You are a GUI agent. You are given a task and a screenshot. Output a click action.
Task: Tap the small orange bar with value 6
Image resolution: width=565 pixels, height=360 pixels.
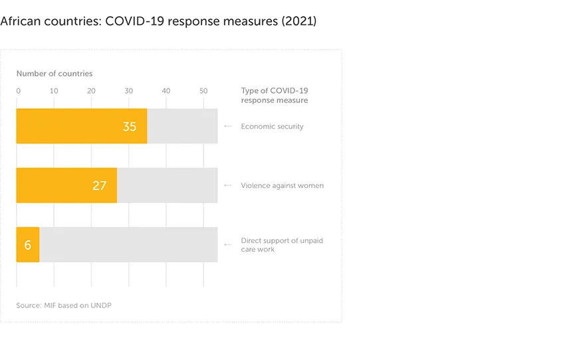pyautogui.click(x=28, y=244)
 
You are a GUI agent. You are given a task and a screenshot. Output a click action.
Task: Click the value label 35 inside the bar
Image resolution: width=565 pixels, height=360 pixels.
pyautogui.click(x=130, y=126)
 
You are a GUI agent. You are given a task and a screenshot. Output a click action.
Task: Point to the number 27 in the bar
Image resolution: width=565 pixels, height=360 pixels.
pyautogui.click(x=99, y=185)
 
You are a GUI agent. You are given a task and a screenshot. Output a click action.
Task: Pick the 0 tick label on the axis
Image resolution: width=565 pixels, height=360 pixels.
pyautogui.click(x=18, y=91)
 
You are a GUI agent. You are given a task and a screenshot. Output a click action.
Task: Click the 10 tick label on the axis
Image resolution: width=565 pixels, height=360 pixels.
pyautogui.click(x=54, y=91)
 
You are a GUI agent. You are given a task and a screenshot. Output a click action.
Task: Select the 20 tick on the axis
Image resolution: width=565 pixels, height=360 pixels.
pyautogui.click(x=91, y=91)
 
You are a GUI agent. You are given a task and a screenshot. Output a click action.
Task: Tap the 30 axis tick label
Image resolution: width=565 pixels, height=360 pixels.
pyautogui.click(x=128, y=91)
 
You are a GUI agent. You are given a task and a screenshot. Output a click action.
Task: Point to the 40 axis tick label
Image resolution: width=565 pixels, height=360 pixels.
pyautogui.click(x=166, y=91)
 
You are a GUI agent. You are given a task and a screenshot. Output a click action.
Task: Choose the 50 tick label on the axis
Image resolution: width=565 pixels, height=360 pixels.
pyautogui.click(x=203, y=91)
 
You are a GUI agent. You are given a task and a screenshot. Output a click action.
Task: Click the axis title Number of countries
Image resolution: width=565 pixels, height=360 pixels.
pyautogui.click(x=55, y=74)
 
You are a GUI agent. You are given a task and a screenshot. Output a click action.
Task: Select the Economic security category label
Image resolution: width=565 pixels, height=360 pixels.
pyautogui.click(x=272, y=126)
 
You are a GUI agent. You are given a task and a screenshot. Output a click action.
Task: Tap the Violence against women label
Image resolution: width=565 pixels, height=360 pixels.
pyautogui.click(x=282, y=185)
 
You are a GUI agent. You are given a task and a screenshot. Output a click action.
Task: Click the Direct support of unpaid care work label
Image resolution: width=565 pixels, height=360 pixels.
pyautogui.click(x=282, y=244)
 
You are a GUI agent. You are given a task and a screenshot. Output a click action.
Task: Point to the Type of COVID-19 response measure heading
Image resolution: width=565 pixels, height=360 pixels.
pyautogui.click(x=275, y=95)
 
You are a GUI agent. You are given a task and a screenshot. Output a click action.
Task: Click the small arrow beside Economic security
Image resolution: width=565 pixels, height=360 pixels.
pyautogui.click(x=228, y=126)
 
